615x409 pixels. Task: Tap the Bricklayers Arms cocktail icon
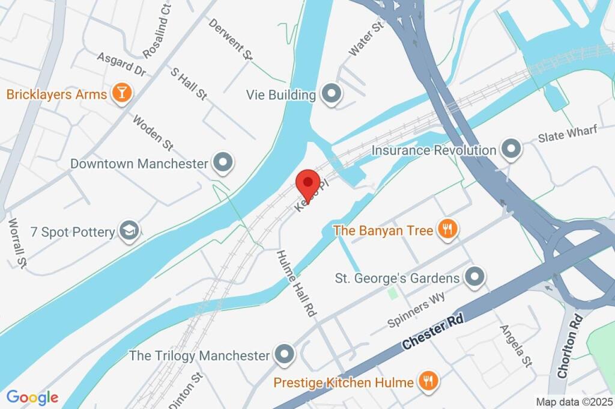(x=122, y=94)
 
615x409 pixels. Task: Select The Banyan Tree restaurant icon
(x=447, y=229)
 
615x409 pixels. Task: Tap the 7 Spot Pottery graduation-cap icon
(x=129, y=231)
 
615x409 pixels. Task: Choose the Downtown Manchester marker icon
(x=223, y=163)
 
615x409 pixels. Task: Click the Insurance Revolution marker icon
(x=511, y=150)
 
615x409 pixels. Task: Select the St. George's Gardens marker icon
(x=475, y=278)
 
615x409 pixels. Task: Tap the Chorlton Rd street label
(x=571, y=346)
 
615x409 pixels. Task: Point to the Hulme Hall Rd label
(x=296, y=284)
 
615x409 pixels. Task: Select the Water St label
(x=366, y=39)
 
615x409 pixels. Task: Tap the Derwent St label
(x=231, y=39)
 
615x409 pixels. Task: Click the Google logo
(x=32, y=397)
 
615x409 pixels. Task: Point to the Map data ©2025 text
(x=574, y=401)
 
